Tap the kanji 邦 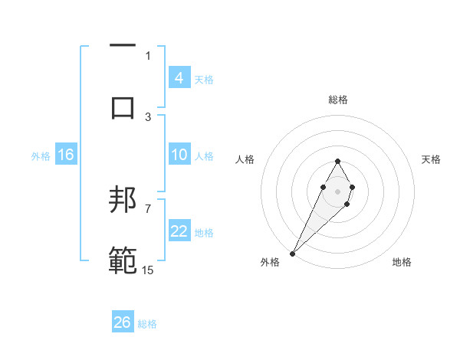[x=123, y=201]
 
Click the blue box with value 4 [x=179, y=78]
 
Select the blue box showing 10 [x=179, y=155]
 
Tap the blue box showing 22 [x=179, y=232]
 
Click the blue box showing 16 [x=65, y=155]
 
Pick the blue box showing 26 [x=123, y=323]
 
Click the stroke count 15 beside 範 [x=147, y=270]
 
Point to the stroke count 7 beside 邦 [x=148, y=208]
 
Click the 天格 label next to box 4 [x=204, y=79]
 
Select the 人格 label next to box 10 [x=204, y=155]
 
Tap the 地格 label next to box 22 [x=204, y=233]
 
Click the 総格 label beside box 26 [x=147, y=324]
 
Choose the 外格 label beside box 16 [x=41, y=155]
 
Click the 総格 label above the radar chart [x=337, y=100]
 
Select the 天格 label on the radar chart [x=431, y=159]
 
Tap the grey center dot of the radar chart [x=337, y=190]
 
